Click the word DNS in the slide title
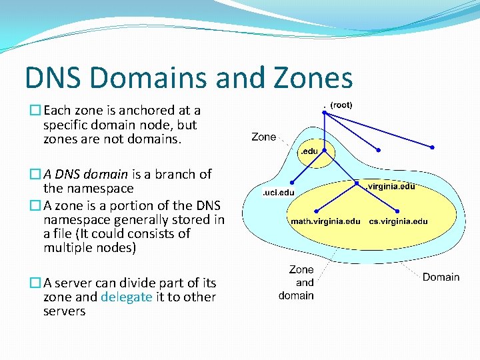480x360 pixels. (x=53, y=78)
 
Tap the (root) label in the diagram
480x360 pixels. (x=341, y=105)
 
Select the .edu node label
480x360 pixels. (x=309, y=152)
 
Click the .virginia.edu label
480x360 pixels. (x=392, y=187)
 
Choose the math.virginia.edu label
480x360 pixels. (x=325, y=221)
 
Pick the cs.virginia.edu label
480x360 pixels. (x=398, y=221)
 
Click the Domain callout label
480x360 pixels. (x=441, y=277)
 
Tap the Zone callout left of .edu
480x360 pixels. (x=264, y=137)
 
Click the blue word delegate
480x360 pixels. (x=126, y=297)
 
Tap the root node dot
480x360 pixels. (x=325, y=112)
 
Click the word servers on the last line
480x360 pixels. (x=64, y=311)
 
